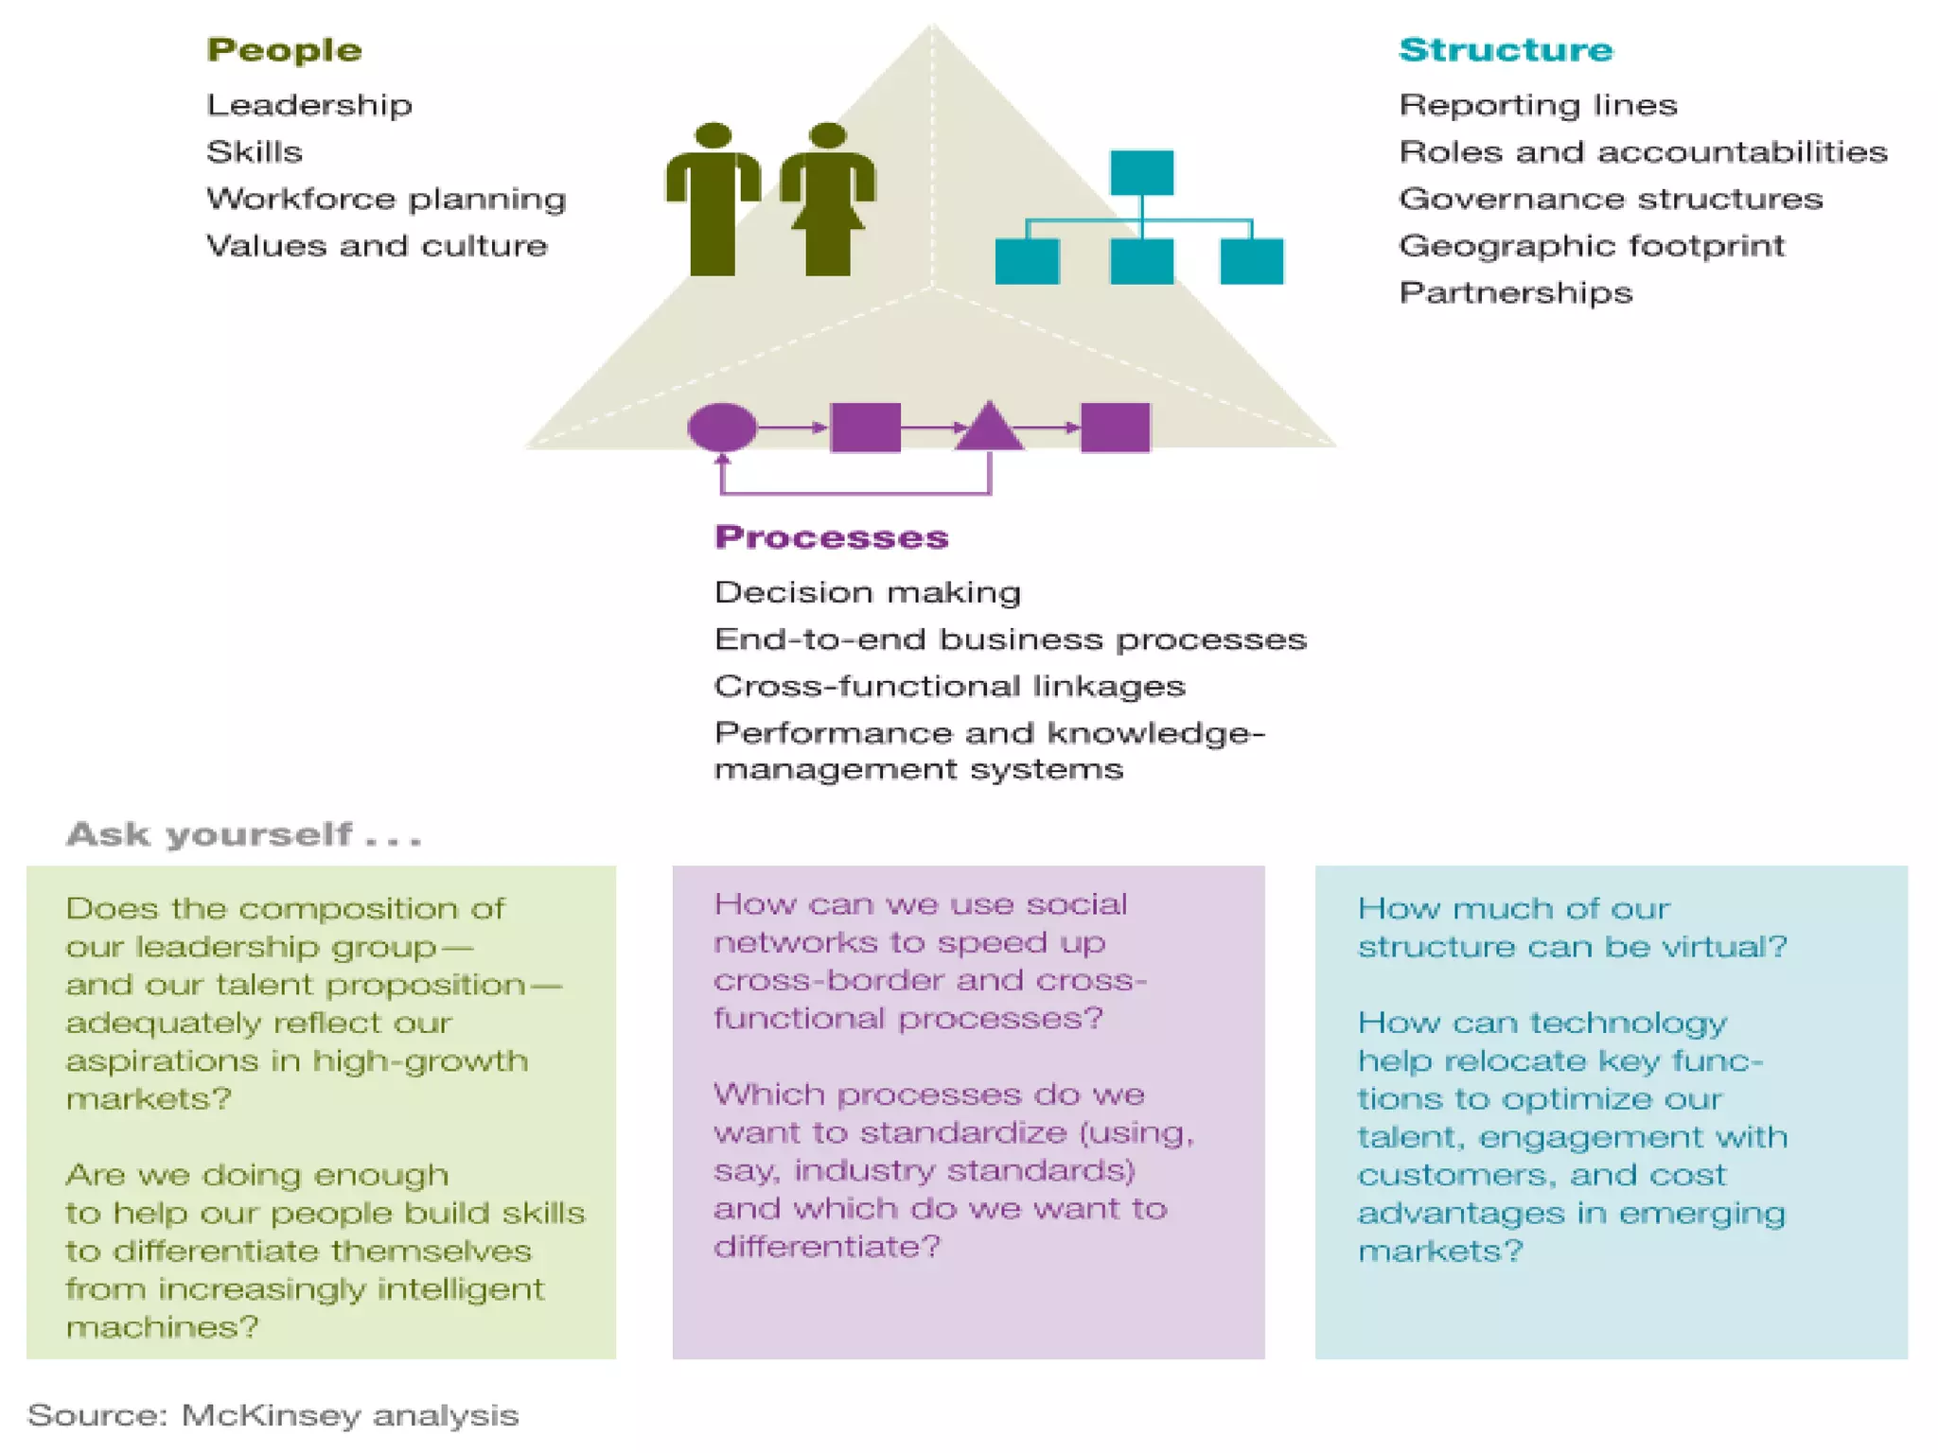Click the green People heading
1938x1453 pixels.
pyautogui.click(x=284, y=49)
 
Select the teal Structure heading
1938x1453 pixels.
pyautogui.click(x=1505, y=49)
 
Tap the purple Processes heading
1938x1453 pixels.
pyautogui.click(x=831, y=536)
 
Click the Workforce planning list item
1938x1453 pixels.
pyautogui.click(x=386, y=199)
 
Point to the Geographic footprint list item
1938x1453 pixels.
pyautogui.click(x=1592, y=246)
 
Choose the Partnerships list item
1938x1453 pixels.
pyautogui.click(x=1515, y=292)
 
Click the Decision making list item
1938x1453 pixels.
pyautogui.click(x=867, y=592)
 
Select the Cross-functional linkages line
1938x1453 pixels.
pyautogui.click(x=949, y=686)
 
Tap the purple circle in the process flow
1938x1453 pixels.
pyautogui.click(x=722, y=428)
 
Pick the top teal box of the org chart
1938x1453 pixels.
pyautogui.click(x=1141, y=172)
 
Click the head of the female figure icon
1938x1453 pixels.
pyautogui.click(x=828, y=135)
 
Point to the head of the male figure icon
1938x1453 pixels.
pyautogui.click(x=713, y=135)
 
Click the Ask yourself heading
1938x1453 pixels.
pyautogui.click(x=243, y=834)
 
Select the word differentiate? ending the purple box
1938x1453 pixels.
pyautogui.click(x=827, y=1247)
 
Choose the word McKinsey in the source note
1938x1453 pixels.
pyautogui.click(x=271, y=1415)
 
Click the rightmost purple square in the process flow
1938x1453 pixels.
pyautogui.click(x=1115, y=428)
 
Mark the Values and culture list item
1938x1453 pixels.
pyautogui.click(x=377, y=246)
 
